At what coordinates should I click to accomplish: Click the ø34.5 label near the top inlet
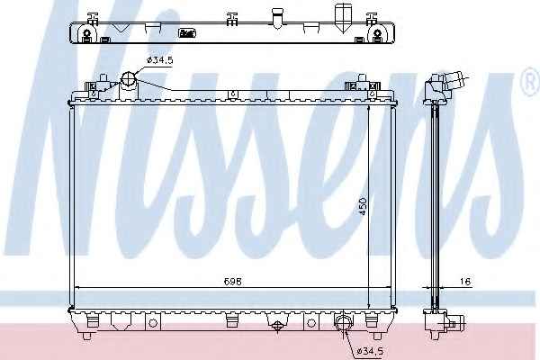[159, 60]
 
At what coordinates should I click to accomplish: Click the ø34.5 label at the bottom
[370, 351]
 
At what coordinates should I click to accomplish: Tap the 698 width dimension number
[233, 282]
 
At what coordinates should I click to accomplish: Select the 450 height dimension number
[363, 207]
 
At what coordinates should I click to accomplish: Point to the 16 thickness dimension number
[465, 282]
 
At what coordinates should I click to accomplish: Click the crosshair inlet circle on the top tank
[129, 79]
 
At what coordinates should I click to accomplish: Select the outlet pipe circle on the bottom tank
[343, 322]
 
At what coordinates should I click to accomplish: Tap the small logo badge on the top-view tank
[187, 33]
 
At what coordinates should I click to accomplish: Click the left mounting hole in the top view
[87, 33]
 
